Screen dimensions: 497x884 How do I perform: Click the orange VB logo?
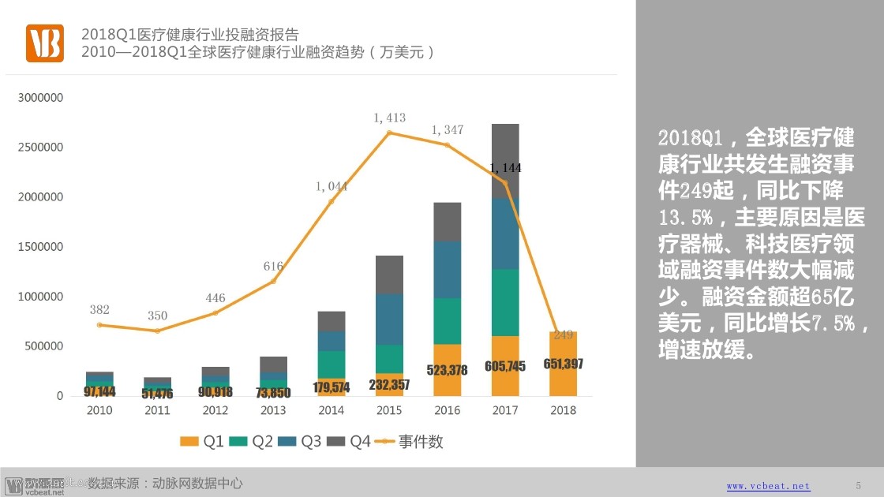click(x=44, y=43)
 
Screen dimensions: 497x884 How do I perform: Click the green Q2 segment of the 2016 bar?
click(x=448, y=321)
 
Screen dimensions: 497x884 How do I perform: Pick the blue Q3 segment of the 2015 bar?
click(x=389, y=319)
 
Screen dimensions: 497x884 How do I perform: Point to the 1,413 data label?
click(x=389, y=118)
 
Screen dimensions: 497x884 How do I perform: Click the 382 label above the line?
click(x=99, y=309)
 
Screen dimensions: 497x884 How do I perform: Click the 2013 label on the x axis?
click(x=273, y=410)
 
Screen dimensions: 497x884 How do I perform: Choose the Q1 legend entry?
click(x=203, y=442)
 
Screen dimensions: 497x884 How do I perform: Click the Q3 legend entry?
click(x=300, y=442)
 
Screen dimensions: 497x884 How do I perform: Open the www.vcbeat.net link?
click(x=768, y=486)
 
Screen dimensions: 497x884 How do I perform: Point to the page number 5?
click(x=859, y=485)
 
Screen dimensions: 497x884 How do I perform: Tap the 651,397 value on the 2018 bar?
click(x=563, y=364)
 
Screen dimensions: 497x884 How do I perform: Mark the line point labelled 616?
click(x=273, y=282)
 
